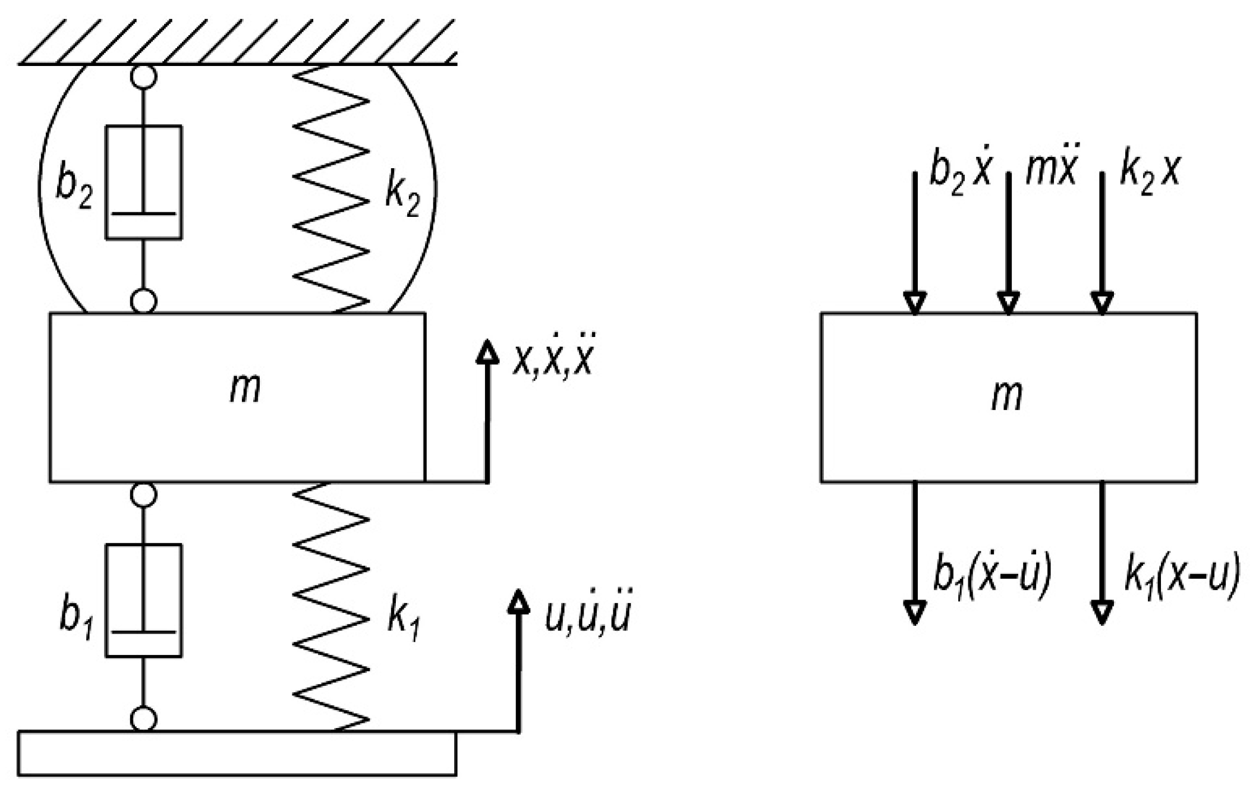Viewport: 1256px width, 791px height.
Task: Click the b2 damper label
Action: click(x=74, y=188)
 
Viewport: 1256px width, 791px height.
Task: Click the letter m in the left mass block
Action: click(x=245, y=390)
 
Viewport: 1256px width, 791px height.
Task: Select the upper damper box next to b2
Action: click(x=144, y=182)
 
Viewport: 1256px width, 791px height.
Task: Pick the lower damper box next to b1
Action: click(x=144, y=600)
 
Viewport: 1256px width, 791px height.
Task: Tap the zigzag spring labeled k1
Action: click(x=331, y=606)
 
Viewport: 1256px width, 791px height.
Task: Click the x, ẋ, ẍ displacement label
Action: click(x=553, y=360)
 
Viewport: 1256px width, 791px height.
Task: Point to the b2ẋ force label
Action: click(x=961, y=172)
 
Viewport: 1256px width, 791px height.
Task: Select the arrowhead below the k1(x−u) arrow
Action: click(x=1102, y=612)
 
